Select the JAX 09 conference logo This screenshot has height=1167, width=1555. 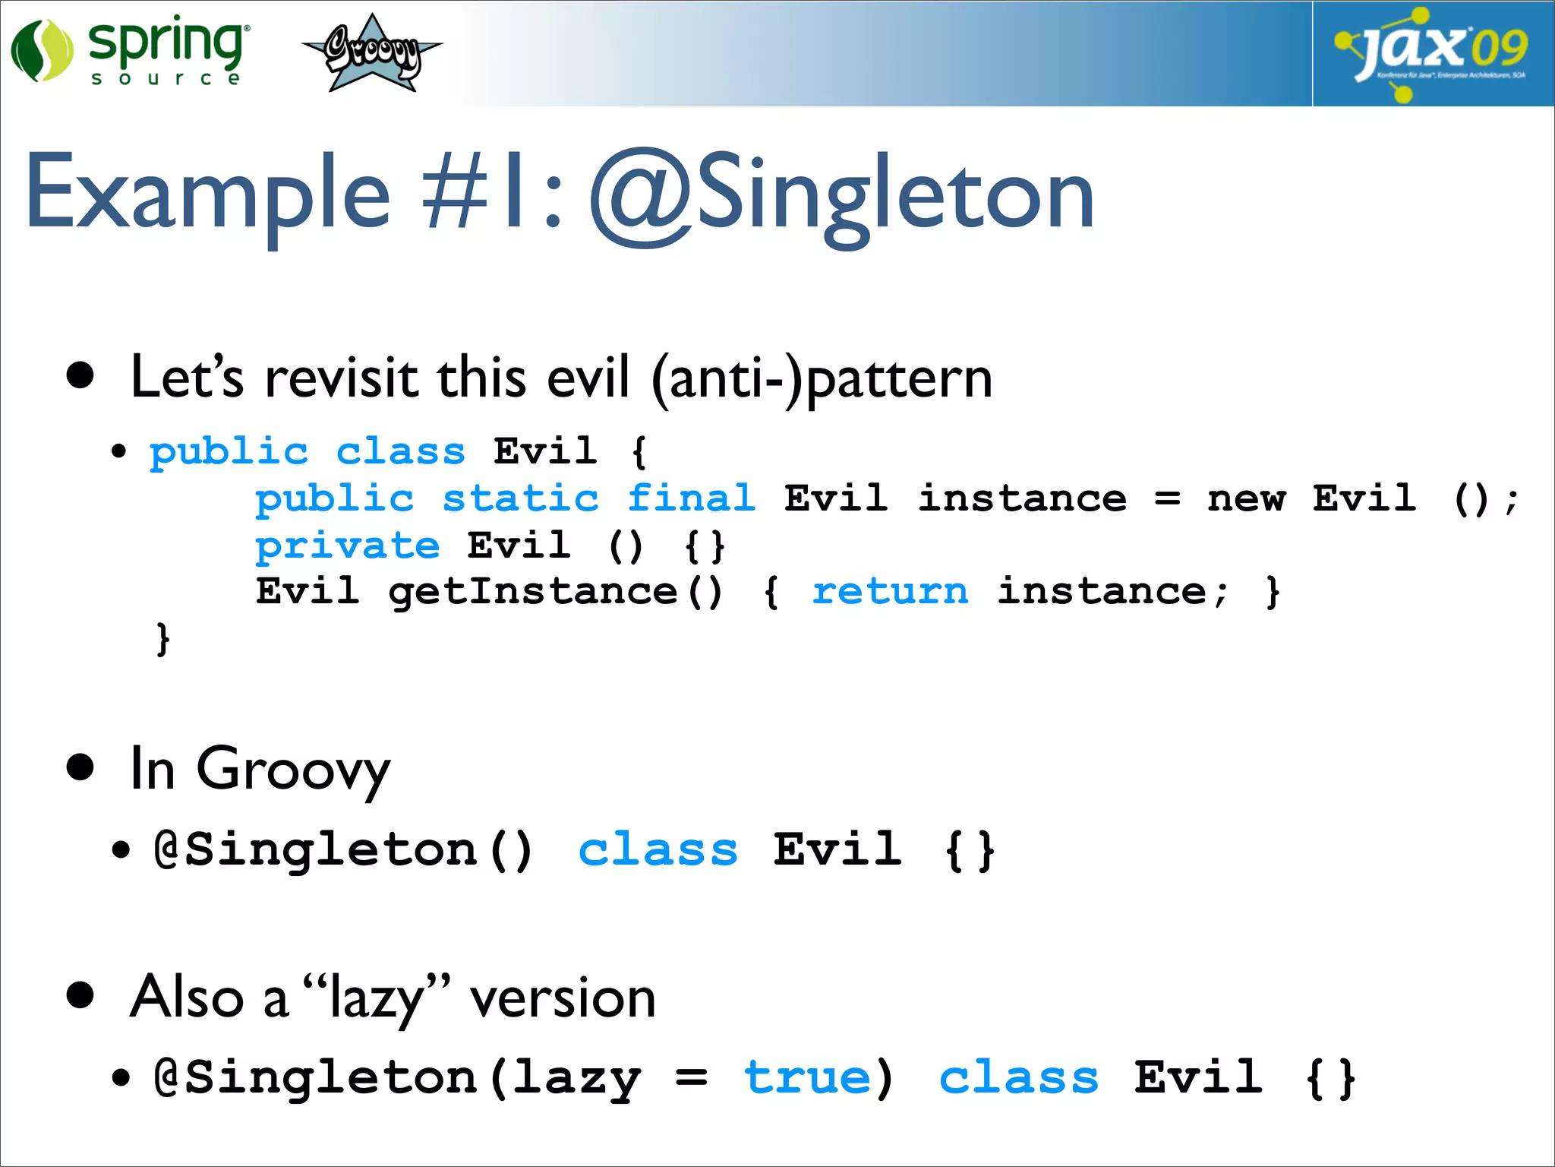[1432, 53]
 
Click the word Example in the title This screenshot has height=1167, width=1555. [207, 194]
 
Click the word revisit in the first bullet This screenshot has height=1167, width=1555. [341, 378]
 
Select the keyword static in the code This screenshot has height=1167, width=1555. [521, 499]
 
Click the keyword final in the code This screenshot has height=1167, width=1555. [691, 499]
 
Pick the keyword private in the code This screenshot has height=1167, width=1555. [347, 546]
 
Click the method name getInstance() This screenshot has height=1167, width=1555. [555, 592]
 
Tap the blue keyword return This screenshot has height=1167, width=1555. [890, 592]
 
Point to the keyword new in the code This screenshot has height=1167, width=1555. [1246, 499]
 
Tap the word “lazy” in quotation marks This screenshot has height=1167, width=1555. [376, 998]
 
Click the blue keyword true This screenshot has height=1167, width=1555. [806, 1078]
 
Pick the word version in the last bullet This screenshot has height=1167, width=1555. [563, 998]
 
